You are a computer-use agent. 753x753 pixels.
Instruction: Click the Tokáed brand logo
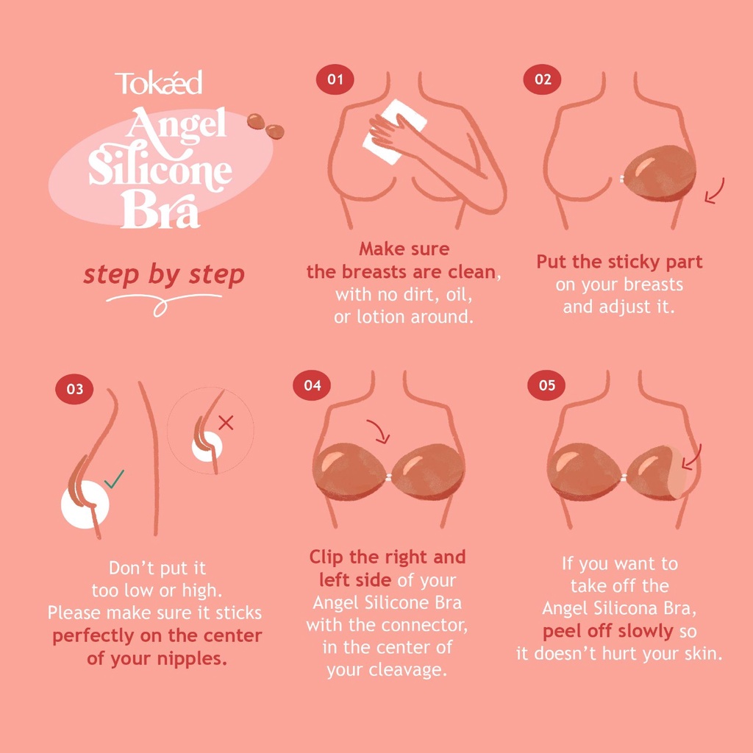click(x=159, y=82)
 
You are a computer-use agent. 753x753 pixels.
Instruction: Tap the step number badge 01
click(x=335, y=79)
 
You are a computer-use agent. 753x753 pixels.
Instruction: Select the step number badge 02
click(x=542, y=79)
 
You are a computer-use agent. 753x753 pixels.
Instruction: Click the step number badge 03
click(x=74, y=388)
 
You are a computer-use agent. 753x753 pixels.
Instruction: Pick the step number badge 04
click(x=312, y=385)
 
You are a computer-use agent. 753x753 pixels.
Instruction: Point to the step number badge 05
click(x=546, y=385)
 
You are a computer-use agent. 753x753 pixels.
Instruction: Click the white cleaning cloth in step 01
click(x=395, y=132)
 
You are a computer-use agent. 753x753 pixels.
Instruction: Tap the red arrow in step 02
click(x=715, y=192)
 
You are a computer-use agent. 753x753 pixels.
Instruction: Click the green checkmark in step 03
click(x=114, y=479)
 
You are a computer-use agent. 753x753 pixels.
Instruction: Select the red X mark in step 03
click(x=226, y=423)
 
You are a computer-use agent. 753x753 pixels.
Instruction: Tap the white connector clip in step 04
click(x=388, y=477)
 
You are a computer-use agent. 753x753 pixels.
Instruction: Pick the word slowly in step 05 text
click(x=646, y=631)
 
